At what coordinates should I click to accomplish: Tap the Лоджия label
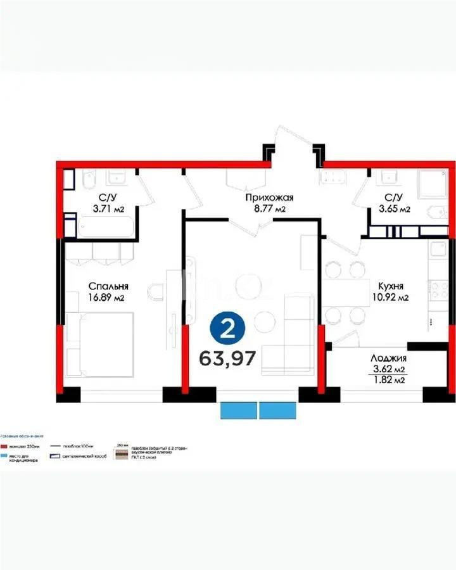point(388,358)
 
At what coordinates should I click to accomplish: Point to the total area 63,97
point(227,358)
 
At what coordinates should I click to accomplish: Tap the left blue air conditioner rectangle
point(239,410)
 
